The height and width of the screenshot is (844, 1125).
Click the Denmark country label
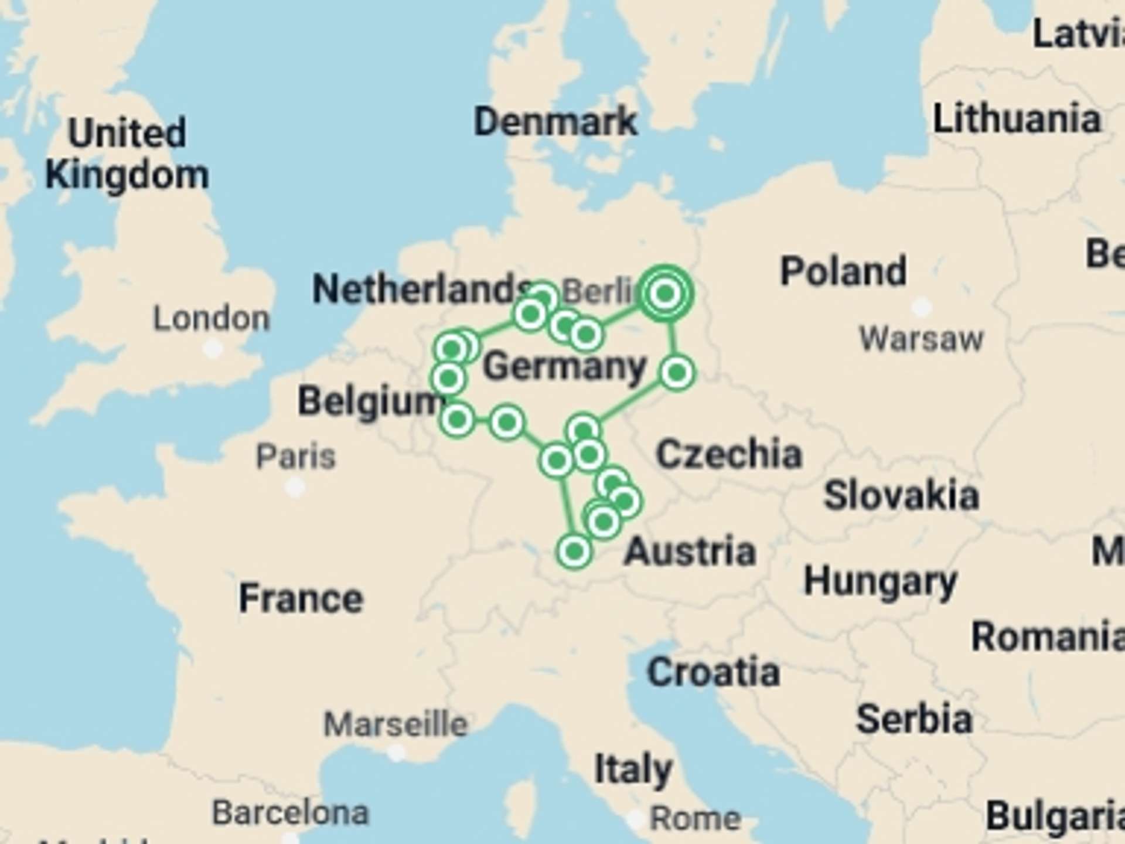555,122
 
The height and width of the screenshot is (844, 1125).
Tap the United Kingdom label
127,154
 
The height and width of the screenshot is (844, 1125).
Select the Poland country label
843,271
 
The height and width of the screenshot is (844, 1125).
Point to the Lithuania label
1017,119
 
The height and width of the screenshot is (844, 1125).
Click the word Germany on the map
564,367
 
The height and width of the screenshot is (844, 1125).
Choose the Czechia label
728,454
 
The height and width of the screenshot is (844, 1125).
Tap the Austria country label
690,552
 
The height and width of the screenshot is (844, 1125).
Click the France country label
301,598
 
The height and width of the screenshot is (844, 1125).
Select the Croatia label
713,672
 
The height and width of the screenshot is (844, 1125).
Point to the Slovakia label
901,496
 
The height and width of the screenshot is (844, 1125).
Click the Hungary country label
880,582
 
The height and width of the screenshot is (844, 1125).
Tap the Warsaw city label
921,339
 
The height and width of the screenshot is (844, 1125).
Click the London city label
212,319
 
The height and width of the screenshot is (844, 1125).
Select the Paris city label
296,456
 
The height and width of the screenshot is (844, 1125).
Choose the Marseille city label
396,724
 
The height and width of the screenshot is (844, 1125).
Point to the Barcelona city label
291,813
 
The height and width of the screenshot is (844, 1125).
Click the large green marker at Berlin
665,293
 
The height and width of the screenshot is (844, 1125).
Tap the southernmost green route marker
574,551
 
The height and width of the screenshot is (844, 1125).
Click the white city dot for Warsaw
921,306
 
